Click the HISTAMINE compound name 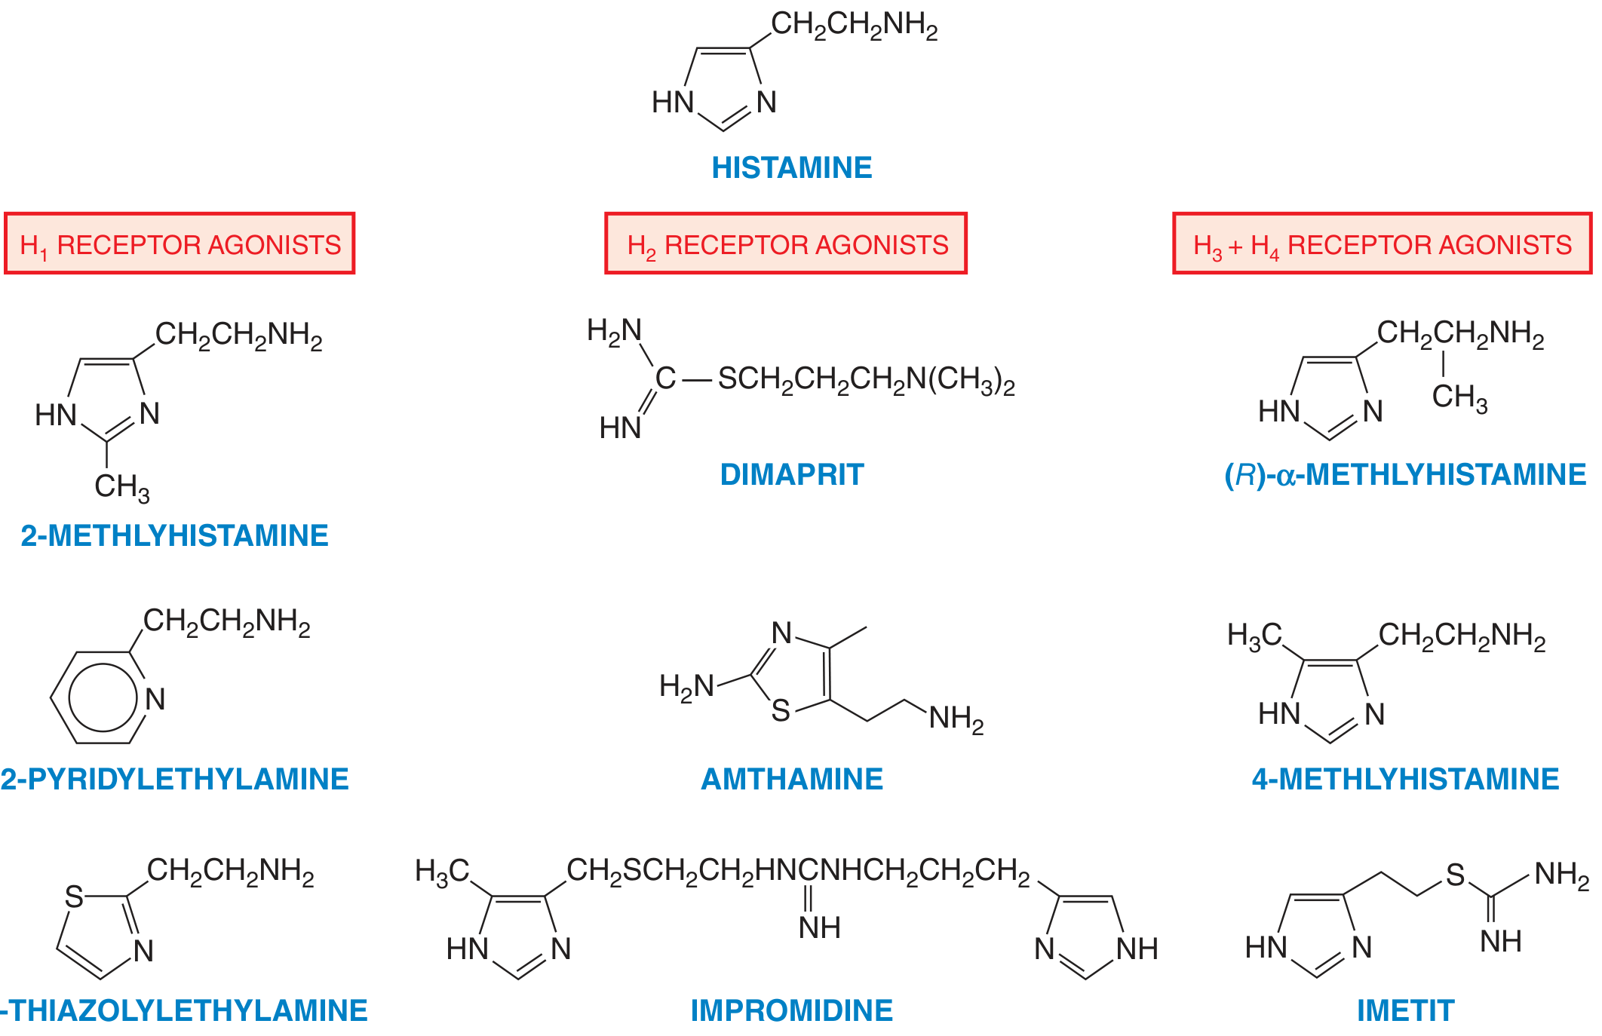[x=791, y=167]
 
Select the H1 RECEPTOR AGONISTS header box [x=180, y=244]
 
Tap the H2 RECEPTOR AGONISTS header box [x=786, y=244]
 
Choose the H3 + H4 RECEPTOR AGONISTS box [x=1383, y=244]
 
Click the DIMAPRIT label [x=792, y=474]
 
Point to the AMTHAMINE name [x=792, y=779]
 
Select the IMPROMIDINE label [x=792, y=1010]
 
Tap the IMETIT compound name [x=1406, y=1010]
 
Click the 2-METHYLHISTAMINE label [x=174, y=535]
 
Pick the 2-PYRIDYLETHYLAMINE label [x=174, y=779]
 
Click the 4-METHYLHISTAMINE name [x=1406, y=779]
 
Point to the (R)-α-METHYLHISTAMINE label [x=1405, y=475]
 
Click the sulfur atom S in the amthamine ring [x=781, y=710]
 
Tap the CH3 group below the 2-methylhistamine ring [x=122, y=487]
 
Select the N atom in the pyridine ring [x=155, y=699]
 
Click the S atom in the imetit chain [x=1455, y=875]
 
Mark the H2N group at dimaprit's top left [x=615, y=331]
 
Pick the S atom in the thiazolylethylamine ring [x=74, y=897]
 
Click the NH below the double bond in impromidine [x=820, y=927]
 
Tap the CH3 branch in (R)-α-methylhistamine [x=1460, y=397]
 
